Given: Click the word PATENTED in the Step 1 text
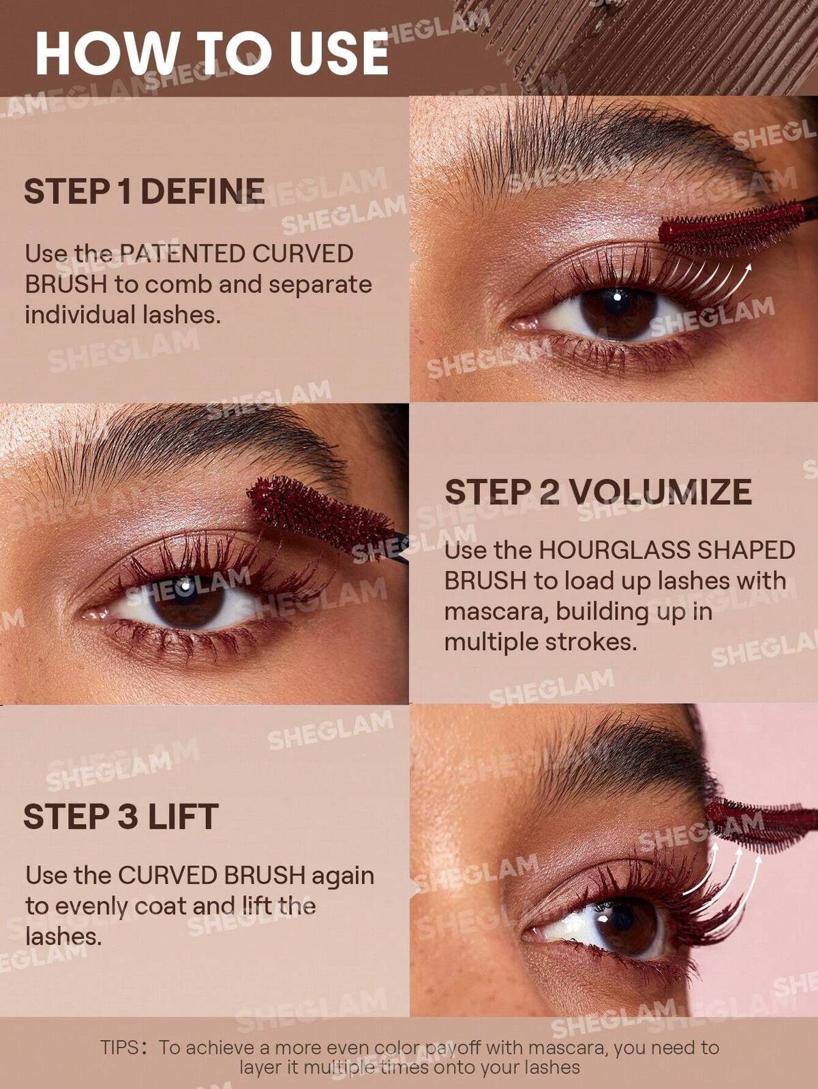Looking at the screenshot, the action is (x=182, y=254).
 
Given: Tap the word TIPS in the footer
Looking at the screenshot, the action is (x=120, y=1048).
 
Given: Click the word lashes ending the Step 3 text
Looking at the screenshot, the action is (x=63, y=936).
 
